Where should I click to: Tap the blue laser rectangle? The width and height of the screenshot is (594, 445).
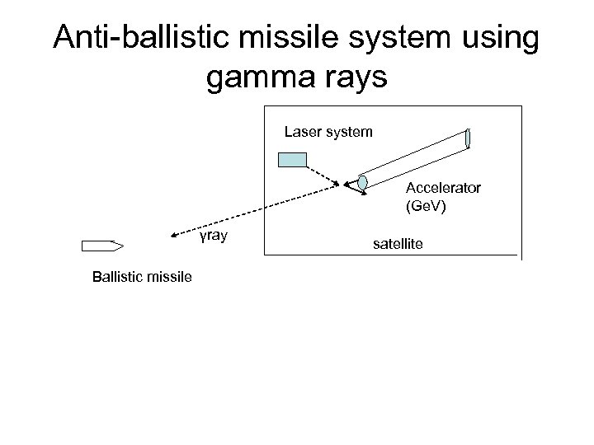pyautogui.click(x=292, y=161)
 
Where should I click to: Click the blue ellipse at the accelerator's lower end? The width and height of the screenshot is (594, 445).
pyautogui.click(x=362, y=182)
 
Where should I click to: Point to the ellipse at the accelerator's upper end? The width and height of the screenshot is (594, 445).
pyautogui.click(x=469, y=138)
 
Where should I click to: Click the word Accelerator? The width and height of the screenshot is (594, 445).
pyautogui.click(x=443, y=188)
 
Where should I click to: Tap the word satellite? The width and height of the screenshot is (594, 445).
pyautogui.click(x=399, y=244)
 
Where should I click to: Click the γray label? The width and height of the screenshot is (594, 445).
pyautogui.click(x=214, y=237)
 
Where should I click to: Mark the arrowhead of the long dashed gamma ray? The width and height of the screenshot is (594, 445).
pyautogui.click(x=163, y=239)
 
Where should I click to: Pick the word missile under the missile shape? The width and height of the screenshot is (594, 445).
pyautogui.click(x=169, y=278)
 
